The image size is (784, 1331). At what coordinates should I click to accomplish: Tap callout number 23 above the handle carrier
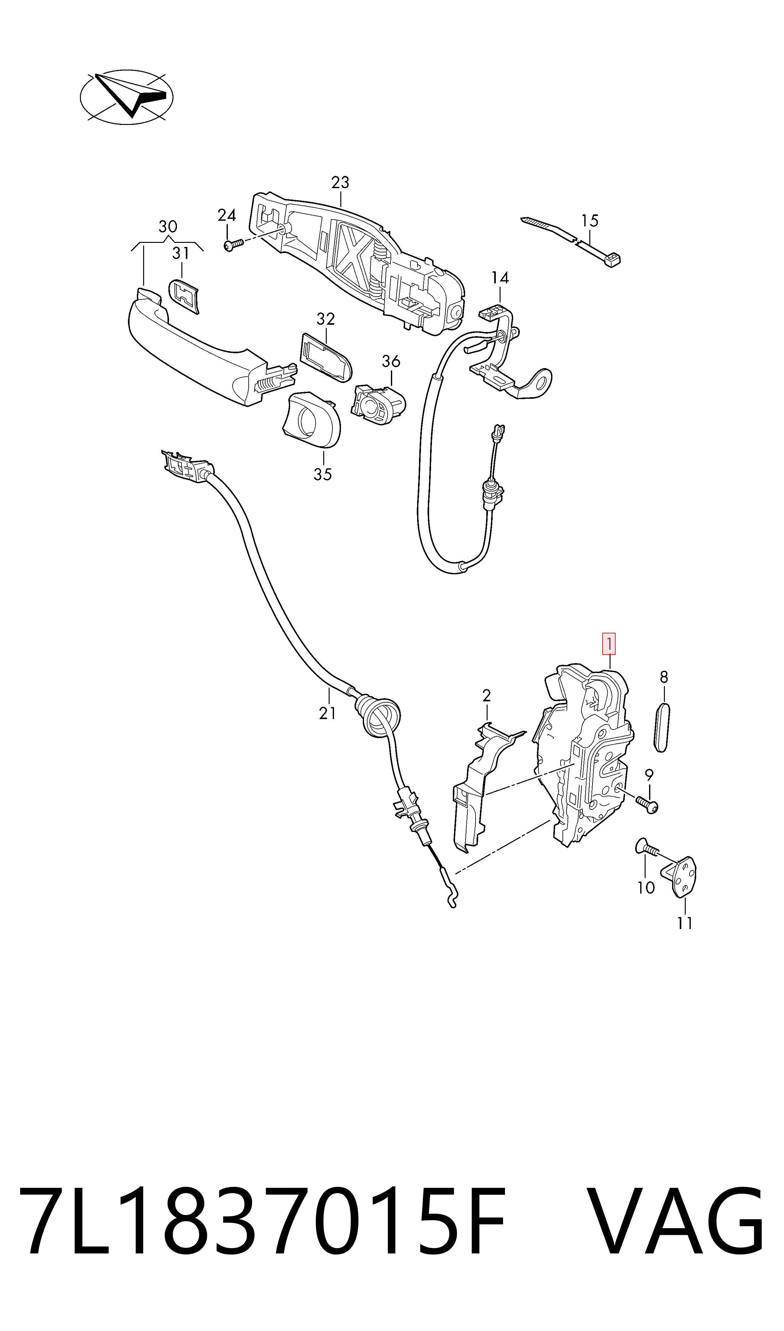coord(340,182)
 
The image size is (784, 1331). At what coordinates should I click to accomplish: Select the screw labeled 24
coord(233,245)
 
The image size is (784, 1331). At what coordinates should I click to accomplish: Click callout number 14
coord(500,278)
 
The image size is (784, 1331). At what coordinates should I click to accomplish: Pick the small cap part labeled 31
coord(184,296)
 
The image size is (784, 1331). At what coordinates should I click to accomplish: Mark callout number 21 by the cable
coord(328,714)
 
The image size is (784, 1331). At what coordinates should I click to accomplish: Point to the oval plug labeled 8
coord(661,727)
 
